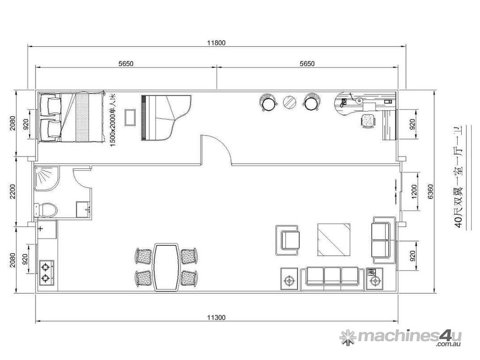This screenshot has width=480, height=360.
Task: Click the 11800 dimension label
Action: (x=217, y=43)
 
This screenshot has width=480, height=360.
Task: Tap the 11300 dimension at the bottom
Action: (x=217, y=317)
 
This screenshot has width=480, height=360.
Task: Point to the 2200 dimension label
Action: (x=13, y=192)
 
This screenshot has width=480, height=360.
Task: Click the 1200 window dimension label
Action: (x=414, y=192)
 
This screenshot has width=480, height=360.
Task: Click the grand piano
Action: (x=166, y=118)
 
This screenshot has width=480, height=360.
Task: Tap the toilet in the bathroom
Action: (x=46, y=210)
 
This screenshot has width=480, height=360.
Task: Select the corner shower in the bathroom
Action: (x=46, y=179)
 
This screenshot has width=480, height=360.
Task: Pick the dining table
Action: (x=166, y=267)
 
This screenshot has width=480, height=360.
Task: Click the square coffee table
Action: (x=334, y=240)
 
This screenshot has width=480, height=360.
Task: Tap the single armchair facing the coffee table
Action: (x=288, y=240)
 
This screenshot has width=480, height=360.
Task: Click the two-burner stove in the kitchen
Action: (x=46, y=273)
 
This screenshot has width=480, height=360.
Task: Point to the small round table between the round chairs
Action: (x=289, y=102)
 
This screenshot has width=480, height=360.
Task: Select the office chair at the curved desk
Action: (x=368, y=120)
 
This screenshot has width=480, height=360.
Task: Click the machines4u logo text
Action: (x=401, y=337)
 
